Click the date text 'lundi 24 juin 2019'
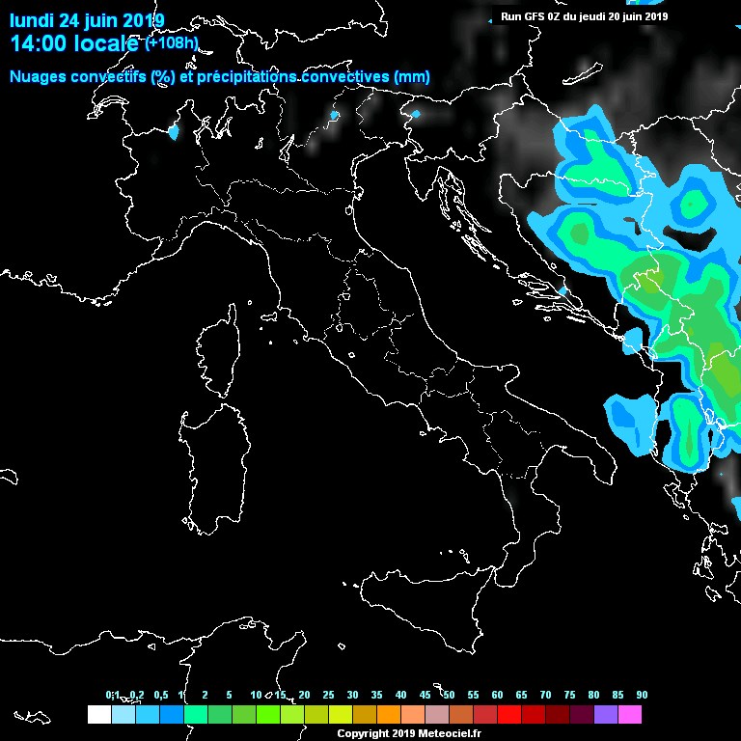pyautogui.click(x=87, y=20)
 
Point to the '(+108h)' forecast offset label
pyautogui.click(x=172, y=43)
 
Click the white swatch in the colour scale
pyautogui.click(x=98, y=715)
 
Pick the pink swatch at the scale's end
pyautogui.click(x=630, y=715)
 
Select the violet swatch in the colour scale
pyautogui.click(x=606, y=715)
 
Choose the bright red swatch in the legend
pyautogui.click(x=509, y=715)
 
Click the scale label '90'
pyautogui.click(x=642, y=696)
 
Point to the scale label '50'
pyautogui.click(x=449, y=696)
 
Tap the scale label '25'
pyautogui.click(x=328, y=696)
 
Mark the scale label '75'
pyautogui.click(x=569, y=696)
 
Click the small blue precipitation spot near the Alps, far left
pyautogui.click(x=175, y=132)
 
